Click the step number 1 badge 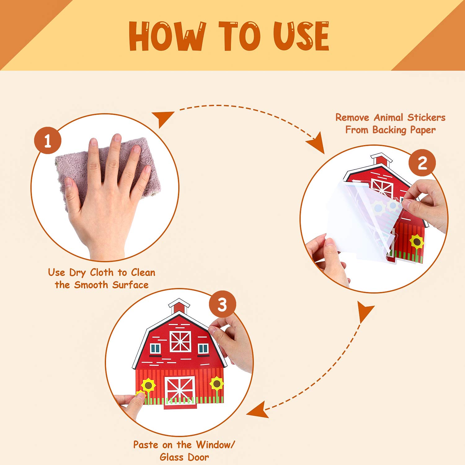tap(48, 140)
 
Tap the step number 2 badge tap(422, 163)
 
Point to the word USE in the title tap(301, 36)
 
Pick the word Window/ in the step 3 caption tap(215, 445)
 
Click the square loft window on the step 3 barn tap(180, 341)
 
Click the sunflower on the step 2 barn tap(417, 242)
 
